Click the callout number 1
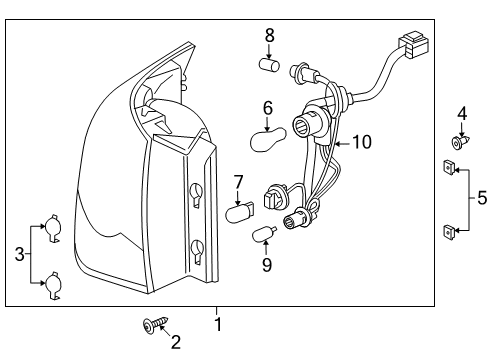(218, 324)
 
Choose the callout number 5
(482, 198)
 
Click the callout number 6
(268, 107)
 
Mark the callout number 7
(239, 182)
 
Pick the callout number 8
(269, 37)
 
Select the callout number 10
(360, 143)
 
